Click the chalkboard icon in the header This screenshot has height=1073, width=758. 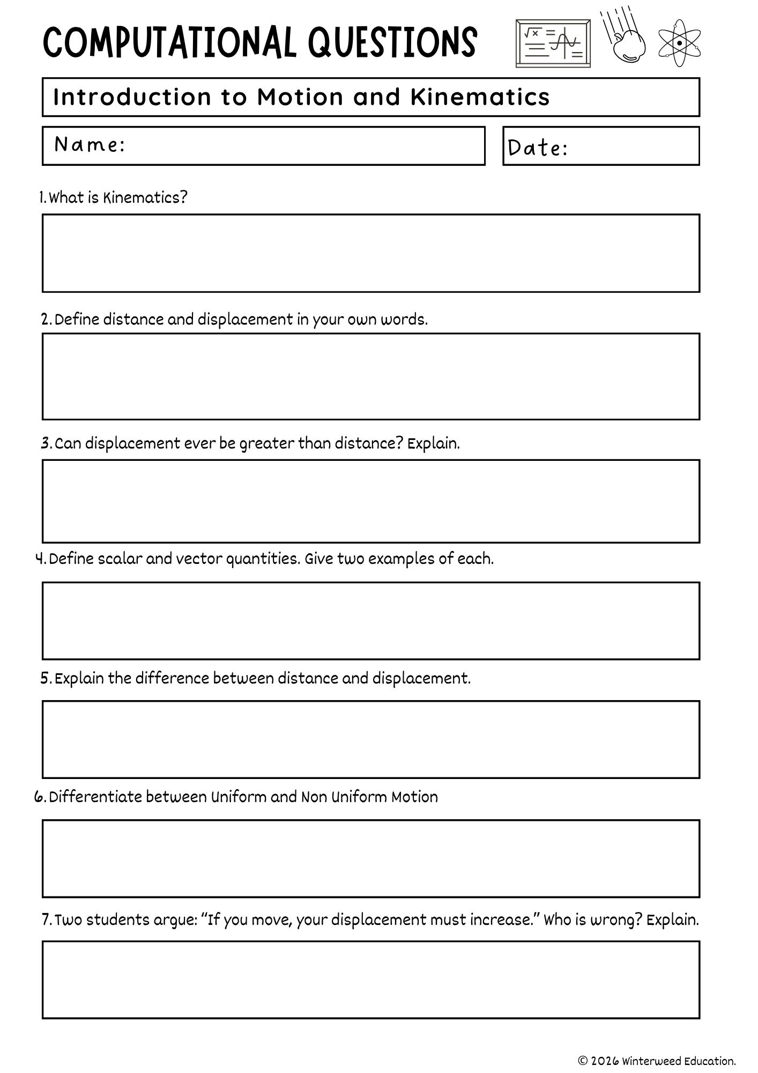553,43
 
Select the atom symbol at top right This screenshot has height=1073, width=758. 680,43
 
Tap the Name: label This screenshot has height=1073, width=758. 90,144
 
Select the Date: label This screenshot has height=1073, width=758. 538,148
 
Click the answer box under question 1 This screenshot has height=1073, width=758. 371,253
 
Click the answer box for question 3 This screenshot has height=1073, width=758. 371,501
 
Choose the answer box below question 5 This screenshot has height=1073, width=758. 371,739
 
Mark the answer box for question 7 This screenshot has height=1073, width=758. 371,980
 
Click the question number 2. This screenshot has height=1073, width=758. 46,320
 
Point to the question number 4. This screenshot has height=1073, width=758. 40,559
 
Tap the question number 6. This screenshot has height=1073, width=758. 39,797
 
